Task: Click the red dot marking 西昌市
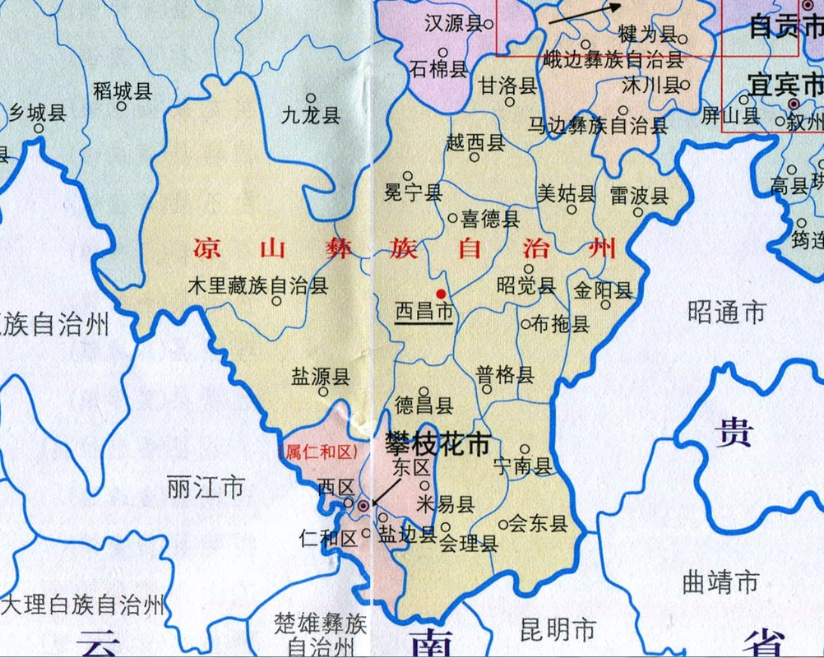click(x=441, y=294)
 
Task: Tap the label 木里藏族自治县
click(x=257, y=285)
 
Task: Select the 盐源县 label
click(x=320, y=377)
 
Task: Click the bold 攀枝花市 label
click(x=437, y=444)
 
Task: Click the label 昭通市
click(x=726, y=312)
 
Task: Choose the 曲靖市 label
click(x=720, y=582)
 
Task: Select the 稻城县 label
click(x=123, y=90)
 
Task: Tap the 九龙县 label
click(x=311, y=115)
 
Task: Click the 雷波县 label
click(x=639, y=196)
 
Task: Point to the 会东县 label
click(x=539, y=523)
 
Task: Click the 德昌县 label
click(x=424, y=405)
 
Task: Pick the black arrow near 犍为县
click(x=585, y=14)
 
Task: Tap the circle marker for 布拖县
click(x=525, y=324)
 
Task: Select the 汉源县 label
click(x=452, y=24)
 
